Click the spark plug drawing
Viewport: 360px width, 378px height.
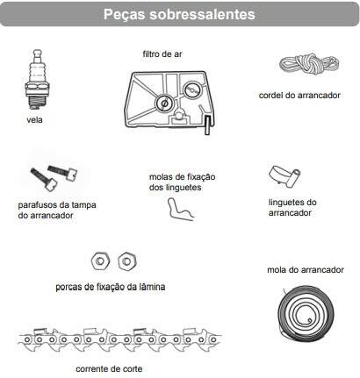pyautogui.click(x=37, y=80)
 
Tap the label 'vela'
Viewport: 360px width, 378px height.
pyautogui.click(x=34, y=120)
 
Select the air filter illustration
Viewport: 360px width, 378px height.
pyautogui.click(x=169, y=102)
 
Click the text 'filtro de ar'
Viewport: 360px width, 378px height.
pyautogui.click(x=162, y=54)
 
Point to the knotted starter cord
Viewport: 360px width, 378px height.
pyautogui.click(x=309, y=63)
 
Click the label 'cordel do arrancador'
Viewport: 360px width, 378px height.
pyautogui.click(x=299, y=96)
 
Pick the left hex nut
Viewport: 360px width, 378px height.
pyautogui.click(x=100, y=261)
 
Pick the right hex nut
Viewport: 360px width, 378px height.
pyautogui.click(x=127, y=261)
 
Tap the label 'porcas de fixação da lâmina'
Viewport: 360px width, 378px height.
pyautogui.click(x=111, y=287)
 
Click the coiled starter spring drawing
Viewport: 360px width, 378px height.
pyautogui.click(x=306, y=314)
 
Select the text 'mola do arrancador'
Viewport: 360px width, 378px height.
pyautogui.click(x=306, y=270)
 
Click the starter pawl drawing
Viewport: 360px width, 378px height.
pyautogui.click(x=284, y=175)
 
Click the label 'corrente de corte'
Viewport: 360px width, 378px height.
pyautogui.click(x=109, y=369)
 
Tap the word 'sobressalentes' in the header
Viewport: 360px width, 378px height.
pyautogui.click(x=202, y=14)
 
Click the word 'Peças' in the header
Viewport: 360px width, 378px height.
pyautogui.click(x=125, y=15)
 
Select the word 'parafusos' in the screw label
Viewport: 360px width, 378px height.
pyautogui.click(x=37, y=205)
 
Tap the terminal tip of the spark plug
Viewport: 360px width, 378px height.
pyautogui.click(x=37, y=52)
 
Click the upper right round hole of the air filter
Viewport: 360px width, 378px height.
pyautogui.click(x=192, y=89)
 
